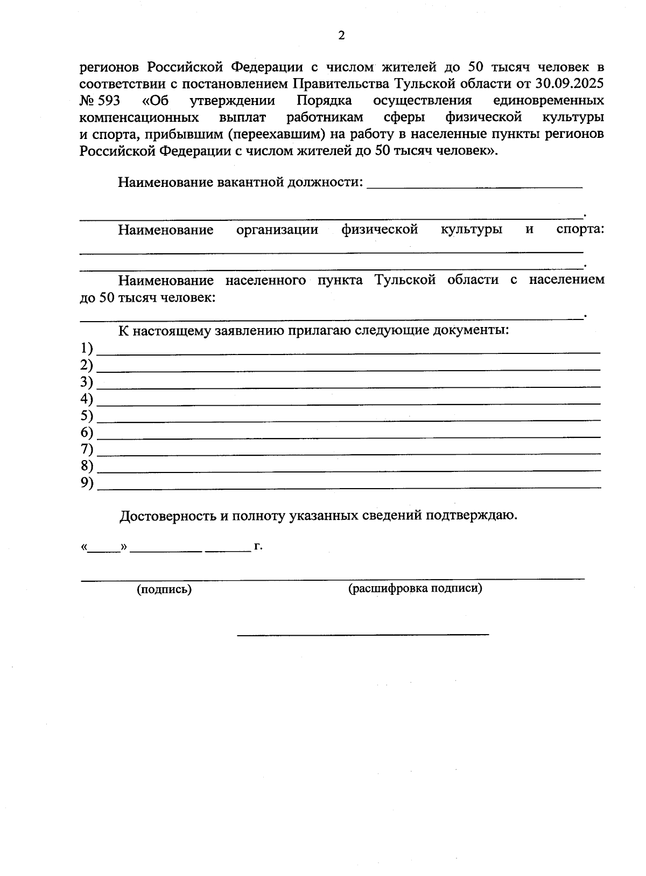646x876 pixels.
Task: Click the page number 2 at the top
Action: pyautogui.click(x=341, y=36)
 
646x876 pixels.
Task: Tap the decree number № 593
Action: pyautogui.click(x=100, y=101)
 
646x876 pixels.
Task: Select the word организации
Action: pyautogui.click(x=277, y=230)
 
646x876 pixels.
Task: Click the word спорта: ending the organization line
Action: pyautogui.click(x=580, y=230)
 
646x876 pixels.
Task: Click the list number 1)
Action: pyautogui.click(x=87, y=349)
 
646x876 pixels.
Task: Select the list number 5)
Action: pyautogui.click(x=87, y=416)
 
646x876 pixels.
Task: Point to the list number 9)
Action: pyautogui.click(x=87, y=483)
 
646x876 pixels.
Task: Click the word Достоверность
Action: pyautogui.click(x=167, y=516)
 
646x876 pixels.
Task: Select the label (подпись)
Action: pyautogui.click(x=164, y=589)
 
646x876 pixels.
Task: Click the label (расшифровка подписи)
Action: pyautogui.click(x=415, y=588)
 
